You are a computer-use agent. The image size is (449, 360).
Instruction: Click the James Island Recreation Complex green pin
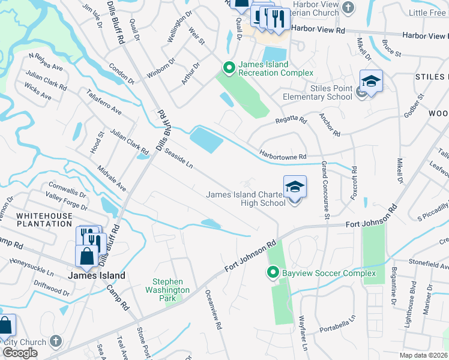(229, 67)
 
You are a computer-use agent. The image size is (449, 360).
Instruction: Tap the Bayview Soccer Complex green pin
(272, 274)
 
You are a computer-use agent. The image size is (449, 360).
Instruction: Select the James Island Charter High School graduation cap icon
(295, 187)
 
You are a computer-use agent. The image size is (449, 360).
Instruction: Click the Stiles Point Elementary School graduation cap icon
(371, 82)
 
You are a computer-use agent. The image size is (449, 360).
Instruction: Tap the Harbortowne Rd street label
(283, 155)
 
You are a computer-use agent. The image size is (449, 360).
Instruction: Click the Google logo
(20, 353)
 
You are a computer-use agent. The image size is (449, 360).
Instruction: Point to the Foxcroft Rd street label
(354, 184)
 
